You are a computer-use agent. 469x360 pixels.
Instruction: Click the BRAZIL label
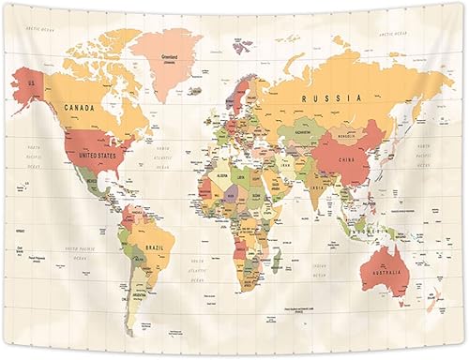[155, 247]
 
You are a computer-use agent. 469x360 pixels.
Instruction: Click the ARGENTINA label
[140, 293]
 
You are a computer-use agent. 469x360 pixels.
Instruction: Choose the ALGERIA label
[222, 176]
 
